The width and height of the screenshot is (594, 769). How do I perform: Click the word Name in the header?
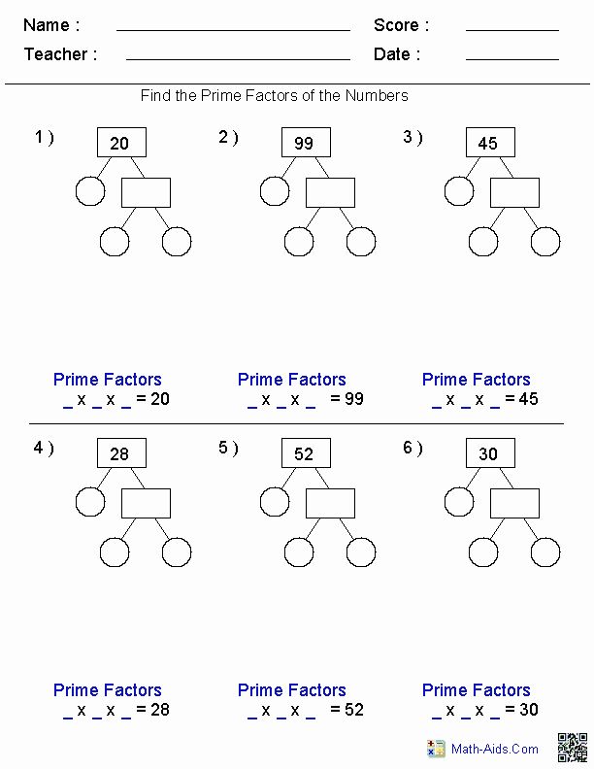(x=46, y=25)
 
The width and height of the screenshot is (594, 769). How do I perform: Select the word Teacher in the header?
(x=56, y=54)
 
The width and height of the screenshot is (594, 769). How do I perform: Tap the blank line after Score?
(x=512, y=30)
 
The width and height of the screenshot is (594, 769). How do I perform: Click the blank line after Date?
(x=512, y=59)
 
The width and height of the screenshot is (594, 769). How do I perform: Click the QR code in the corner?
(x=572, y=748)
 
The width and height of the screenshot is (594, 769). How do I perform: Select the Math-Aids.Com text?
(x=494, y=749)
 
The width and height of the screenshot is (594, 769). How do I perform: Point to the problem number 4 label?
(x=44, y=448)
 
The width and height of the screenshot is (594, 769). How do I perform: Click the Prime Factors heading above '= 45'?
(x=476, y=379)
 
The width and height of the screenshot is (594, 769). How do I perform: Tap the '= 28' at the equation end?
(x=153, y=709)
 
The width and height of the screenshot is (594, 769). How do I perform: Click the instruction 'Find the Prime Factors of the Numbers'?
(x=274, y=95)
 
